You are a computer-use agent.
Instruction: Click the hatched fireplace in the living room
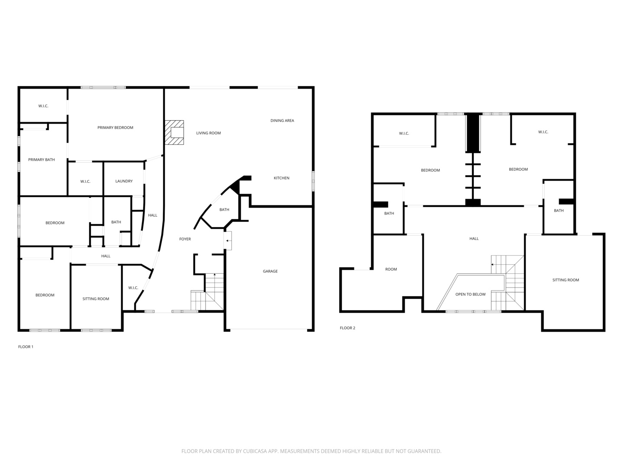[x=174, y=132]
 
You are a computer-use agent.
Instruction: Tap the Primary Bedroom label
[x=115, y=128]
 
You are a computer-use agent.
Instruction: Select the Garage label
[x=270, y=271]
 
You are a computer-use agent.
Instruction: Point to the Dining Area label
[x=282, y=121]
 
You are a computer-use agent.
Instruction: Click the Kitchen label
[x=281, y=178]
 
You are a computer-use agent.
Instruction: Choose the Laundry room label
[x=124, y=181]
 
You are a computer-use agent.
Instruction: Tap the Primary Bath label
[x=42, y=160]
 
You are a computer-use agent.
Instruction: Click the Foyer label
[x=185, y=239]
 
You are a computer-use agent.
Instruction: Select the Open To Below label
[x=470, y=294]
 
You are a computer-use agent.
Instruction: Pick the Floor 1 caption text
[x=26, y=347]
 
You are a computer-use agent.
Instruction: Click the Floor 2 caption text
[x=347, y=328]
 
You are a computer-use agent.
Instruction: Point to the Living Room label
[x=209, y=133]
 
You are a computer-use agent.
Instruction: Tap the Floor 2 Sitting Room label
[x=565, y=280]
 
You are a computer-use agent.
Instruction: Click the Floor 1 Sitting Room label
[x=96, y=299]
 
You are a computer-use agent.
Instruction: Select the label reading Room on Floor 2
[x=391, y=269]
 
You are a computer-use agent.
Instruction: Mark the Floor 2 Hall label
[x=474, y=239]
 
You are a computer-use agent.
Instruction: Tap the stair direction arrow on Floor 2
[x=493, y=264]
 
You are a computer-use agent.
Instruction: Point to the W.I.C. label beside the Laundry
[x=85, y=182]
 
